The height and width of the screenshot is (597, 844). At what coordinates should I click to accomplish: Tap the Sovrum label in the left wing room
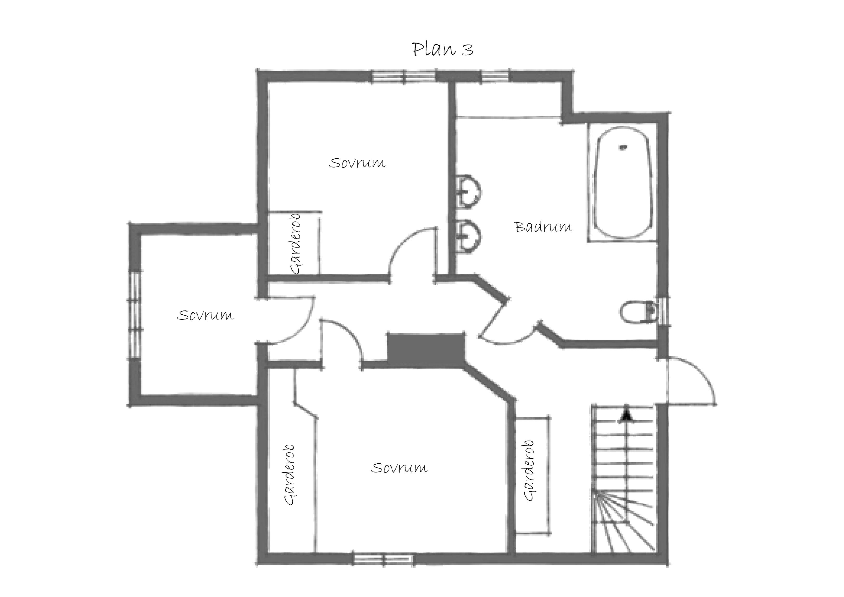(205, 315)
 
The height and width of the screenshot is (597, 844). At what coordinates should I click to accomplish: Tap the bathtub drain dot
(623, 148)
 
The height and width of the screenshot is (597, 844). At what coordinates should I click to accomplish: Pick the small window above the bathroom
(495, 76)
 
